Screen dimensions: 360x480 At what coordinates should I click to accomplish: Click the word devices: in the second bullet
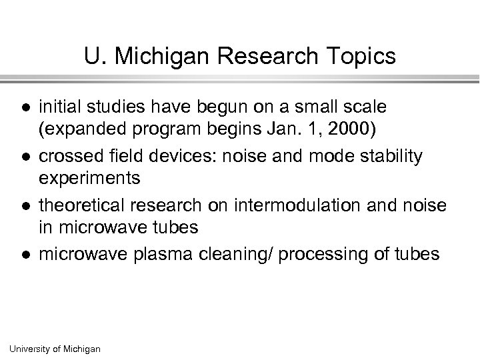(x=180, y=157)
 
